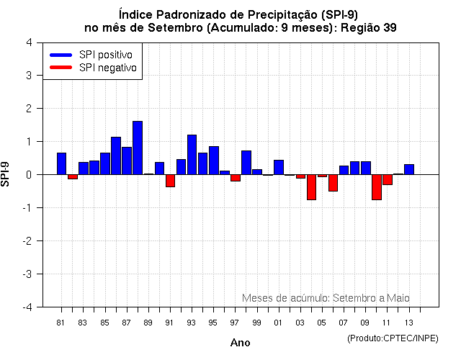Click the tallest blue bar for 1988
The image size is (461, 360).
pyautogui.click(x=138, y=148)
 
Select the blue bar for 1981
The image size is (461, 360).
pyautogui.click(x=61, y=163)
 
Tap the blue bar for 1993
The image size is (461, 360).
pyautogui.click(x=192, y=154)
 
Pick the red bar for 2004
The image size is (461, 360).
pyautogui.click(x=311, y=187)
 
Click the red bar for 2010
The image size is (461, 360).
pyautogui.click(x=376, y=187)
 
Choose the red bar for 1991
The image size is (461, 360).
pyautogui.click(x=170, y=181)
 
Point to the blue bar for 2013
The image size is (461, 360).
pyautogui.click(x=409, y=169)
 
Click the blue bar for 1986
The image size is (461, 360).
pyautogui.click(x=116, y=156)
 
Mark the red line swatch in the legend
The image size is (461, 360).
pyautogui.click(x=61, y=68)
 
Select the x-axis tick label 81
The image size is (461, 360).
pyautogui.click(x=61, y=323)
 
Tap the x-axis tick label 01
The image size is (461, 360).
pyautogui.click(x=278, y=323)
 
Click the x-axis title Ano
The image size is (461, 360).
pyautogui.click(x=240, y=343)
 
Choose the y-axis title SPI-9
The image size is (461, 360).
pyautogui.click(x=8, y=174)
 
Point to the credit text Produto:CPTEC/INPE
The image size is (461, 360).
pyautogui.click(x=393, y=338)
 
